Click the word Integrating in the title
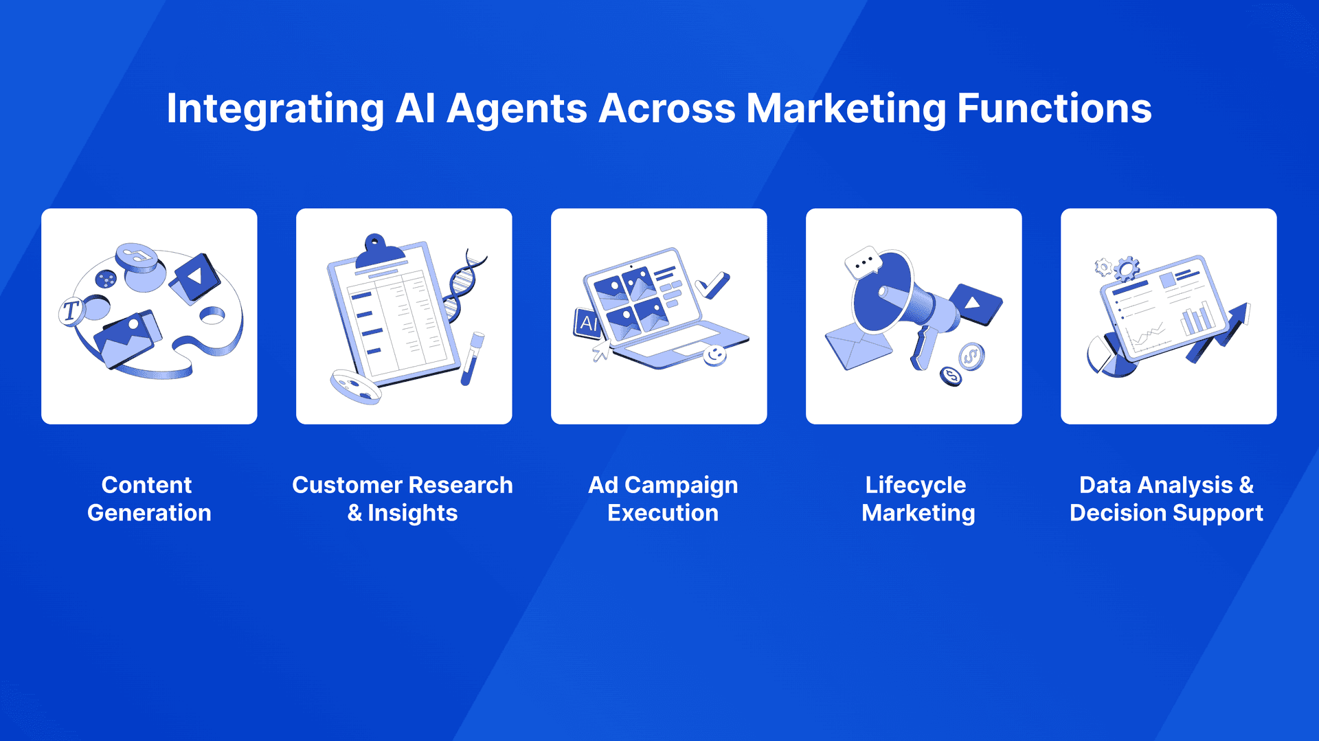(275, 109)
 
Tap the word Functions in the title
(1055, 109)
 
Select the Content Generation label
(149, 499)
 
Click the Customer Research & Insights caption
(403, 499)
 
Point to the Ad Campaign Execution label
(663, 499)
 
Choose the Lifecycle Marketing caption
(918, 499)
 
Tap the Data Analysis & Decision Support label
(1166, 499)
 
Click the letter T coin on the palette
(71, 312)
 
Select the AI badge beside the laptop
(587, 323)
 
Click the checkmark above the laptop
(712, 285)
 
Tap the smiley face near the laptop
(715, 355)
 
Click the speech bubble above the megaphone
(863, 262)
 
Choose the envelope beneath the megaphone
(858, 347)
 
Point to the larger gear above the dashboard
(1127, 269)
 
